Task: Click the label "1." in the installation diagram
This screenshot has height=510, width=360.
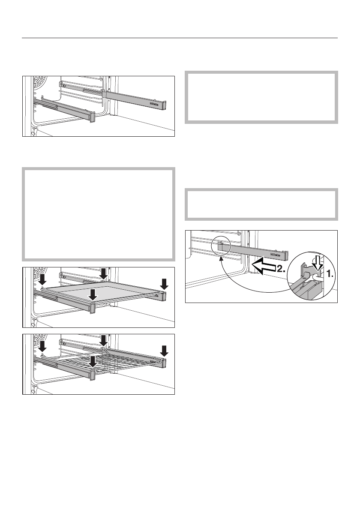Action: coord(330,275)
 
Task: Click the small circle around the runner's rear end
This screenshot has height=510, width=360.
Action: coord(222,247)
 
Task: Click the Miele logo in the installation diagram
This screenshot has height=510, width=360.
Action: coord(274,256)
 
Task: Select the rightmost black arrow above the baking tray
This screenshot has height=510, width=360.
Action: coord(165,283)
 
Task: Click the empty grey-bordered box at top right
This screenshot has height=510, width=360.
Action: coord(261,97)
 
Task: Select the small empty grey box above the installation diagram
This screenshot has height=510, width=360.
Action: coord(261,204)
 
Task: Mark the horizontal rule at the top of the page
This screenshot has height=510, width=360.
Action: coord(180,38)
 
